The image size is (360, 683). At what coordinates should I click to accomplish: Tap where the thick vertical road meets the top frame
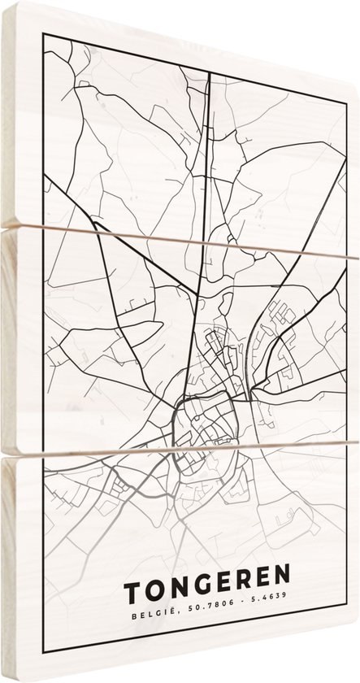(x=210, y=71)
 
